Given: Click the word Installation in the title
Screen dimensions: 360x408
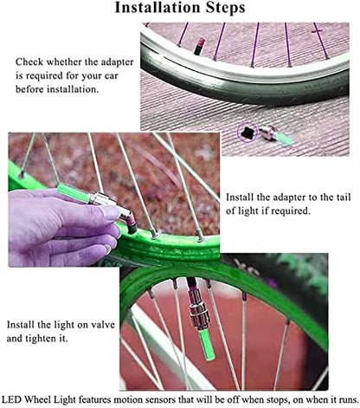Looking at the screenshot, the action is pyautogui.click(x=157, y=7).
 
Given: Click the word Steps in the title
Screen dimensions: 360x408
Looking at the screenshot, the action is pyautogui.click(x=225, y=7).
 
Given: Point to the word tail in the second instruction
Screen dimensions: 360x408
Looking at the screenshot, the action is pyautogui.click(x=344, y=197).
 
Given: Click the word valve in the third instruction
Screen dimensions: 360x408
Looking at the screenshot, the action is pyautogui.click(x=103, y=325).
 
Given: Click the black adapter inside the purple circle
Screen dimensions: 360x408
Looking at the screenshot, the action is pyautogui.click(x=247, y=133).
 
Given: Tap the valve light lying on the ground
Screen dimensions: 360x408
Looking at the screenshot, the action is pyautogui.click(x=276, y=134).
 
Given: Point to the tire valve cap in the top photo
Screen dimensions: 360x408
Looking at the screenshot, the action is pyautogui.click(x=199, y=46).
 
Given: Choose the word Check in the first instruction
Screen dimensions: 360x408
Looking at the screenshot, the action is pyautogui.click(x=29, y=62).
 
